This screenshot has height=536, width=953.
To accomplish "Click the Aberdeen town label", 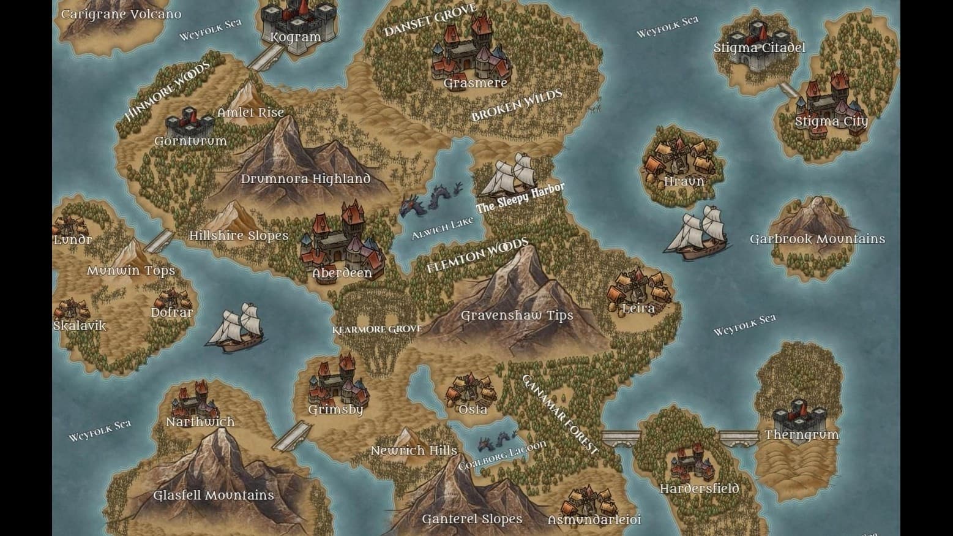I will coord(342,273).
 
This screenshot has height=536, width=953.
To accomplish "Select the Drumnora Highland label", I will coord(305,179).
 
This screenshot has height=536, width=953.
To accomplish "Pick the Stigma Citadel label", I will coord(759,48).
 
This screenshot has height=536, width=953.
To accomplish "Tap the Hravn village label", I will coord(684,182).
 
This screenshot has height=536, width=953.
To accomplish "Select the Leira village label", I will coord(638,309).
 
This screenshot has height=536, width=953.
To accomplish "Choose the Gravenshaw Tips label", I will coord(517,315).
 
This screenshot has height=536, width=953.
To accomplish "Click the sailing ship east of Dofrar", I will coord(237,328).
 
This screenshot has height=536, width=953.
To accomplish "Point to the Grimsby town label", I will coord(335,409).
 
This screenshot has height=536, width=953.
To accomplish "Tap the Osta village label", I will coord(473,409).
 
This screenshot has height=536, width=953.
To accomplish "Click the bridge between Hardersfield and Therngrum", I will coord(738,437).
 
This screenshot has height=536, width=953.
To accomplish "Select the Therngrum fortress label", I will coord(801,435).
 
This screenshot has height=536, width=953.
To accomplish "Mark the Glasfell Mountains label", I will coord(213,495).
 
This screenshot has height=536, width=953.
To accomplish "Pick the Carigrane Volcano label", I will coord(121,14).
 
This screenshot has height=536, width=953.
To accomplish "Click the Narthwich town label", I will coord(200,422).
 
